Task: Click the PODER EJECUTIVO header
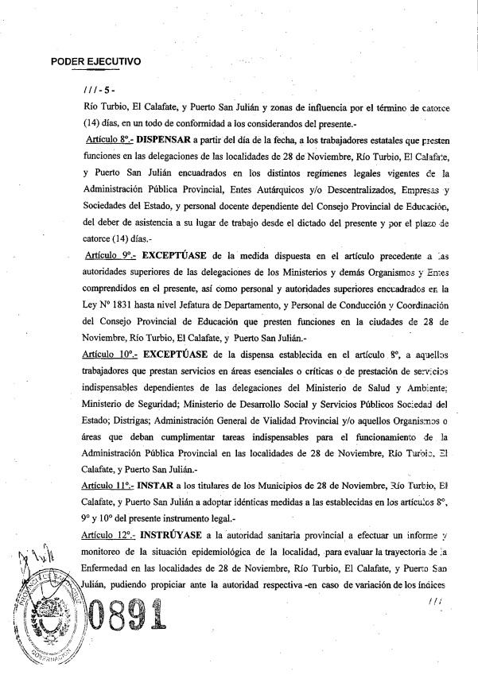coord(95,60)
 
